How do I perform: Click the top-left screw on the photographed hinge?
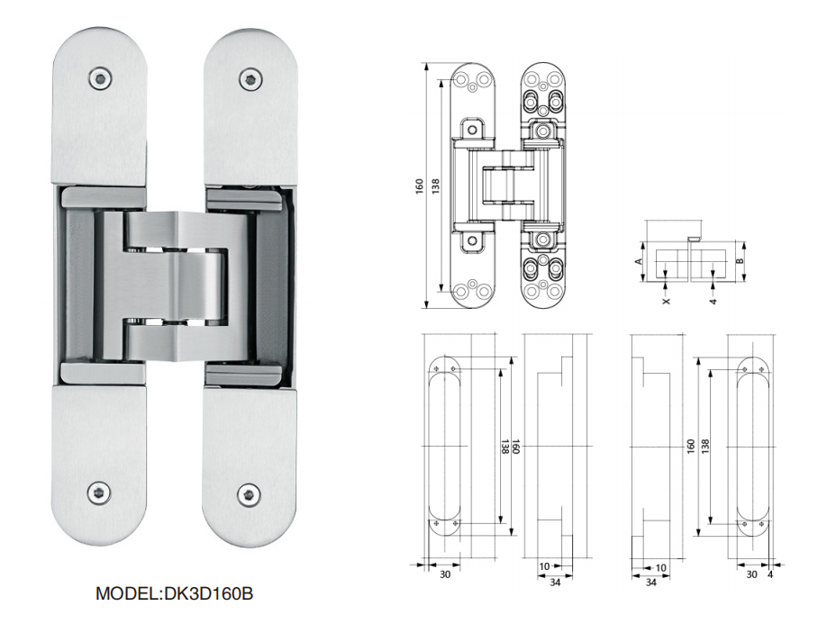[x=98, y=79]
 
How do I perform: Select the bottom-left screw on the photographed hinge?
[x=97, y=492]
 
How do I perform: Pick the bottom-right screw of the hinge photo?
[x=248, y=493]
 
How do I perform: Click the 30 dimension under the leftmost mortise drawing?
[x=444, y=574]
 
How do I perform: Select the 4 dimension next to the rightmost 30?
[x=770, y=574]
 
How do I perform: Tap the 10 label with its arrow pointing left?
[x=544, y=567]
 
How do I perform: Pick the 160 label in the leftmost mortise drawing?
[x=515, y=446]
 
